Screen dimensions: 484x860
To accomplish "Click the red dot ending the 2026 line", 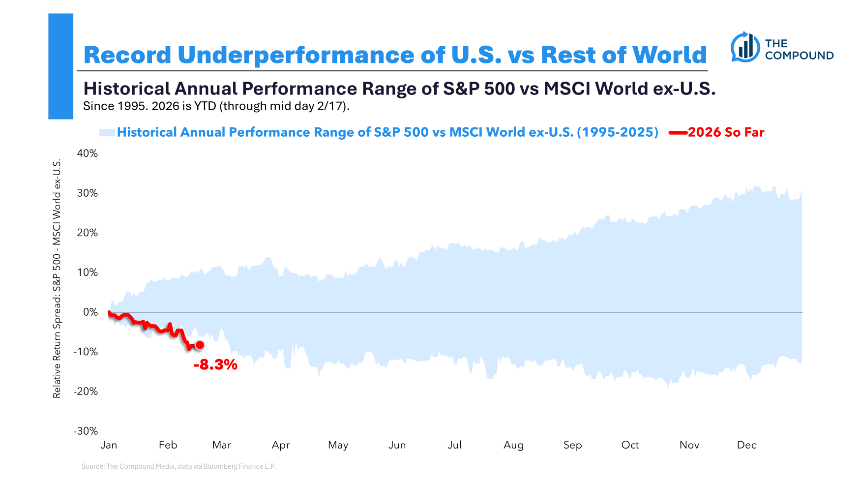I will click(200, 345).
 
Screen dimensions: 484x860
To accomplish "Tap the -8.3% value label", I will click(215, 364).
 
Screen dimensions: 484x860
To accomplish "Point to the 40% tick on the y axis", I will click(88, 153).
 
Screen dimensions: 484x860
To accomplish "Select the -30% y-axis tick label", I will click(86, 431).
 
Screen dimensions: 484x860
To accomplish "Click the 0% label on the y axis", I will click(90, 312).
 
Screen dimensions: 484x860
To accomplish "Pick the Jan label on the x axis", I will click(109, 445).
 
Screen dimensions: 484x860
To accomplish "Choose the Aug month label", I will click(513, 445).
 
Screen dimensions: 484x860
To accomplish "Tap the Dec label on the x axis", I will click(746, 445).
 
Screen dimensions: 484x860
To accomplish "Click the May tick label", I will click(338, 445).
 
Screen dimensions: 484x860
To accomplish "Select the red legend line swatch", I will click(678, 132).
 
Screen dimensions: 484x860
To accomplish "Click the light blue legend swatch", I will click(107, 132).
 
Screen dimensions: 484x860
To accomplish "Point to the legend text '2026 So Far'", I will click(726, 132).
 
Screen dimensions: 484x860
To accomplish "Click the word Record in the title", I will click(127, 55).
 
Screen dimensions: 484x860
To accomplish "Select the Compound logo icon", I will click(745, 47).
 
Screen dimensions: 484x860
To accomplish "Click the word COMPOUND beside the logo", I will click(799, 56).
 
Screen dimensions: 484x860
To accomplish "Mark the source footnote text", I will click(179, 466).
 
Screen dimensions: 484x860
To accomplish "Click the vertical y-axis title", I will click(57, 278).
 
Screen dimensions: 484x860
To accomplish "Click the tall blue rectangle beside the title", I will click(60, 66).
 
